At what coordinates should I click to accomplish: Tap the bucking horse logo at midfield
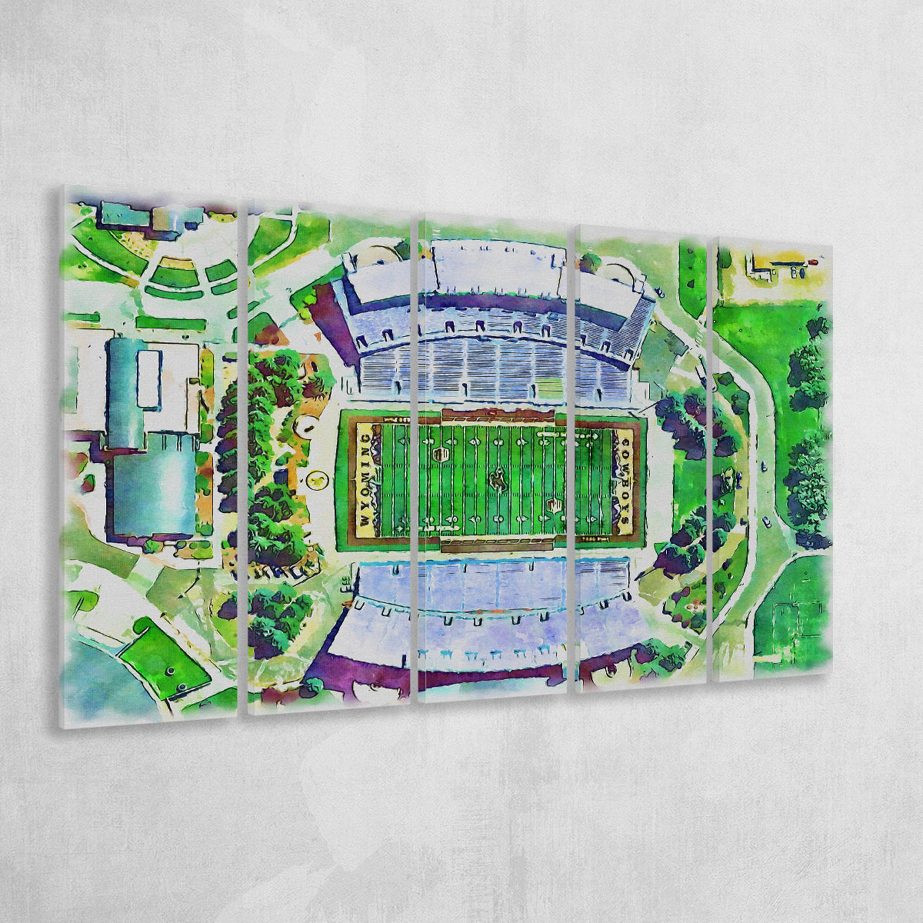[x=496, y=478]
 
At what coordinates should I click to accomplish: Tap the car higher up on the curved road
[x=761, y=465]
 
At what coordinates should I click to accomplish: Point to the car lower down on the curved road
[x=765, y=521]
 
